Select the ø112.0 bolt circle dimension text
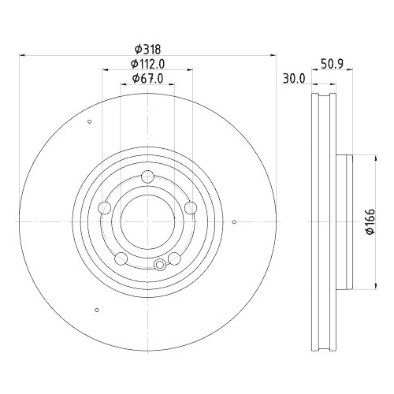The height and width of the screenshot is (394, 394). click(x=147, y=64)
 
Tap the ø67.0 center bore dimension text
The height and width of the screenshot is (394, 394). click(x=147, y=78)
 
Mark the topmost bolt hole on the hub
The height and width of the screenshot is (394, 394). click(x=147, y=177)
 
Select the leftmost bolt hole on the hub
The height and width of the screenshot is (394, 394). click(x=103, y=208)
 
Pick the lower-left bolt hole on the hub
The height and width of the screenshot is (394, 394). click(x=120, y=259)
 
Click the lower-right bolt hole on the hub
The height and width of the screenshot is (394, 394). click(x=174, y=259)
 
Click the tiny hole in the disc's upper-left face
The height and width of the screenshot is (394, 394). click(x=90, y=121)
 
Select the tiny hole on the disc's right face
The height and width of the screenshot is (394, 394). click(x=236, y=222)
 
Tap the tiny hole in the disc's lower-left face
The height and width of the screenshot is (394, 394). click(x=96, y=308)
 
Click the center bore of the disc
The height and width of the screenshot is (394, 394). click(x=147, y=222)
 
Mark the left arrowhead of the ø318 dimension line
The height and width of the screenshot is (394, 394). click(x=21, y=56)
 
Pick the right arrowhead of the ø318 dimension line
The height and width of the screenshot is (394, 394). click(x=273, y=56)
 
